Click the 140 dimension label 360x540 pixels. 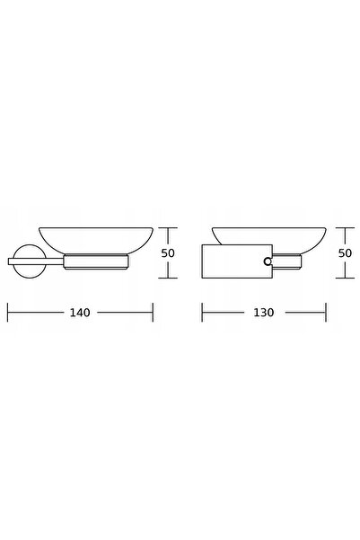[80, 313]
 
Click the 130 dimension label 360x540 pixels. [264, 313]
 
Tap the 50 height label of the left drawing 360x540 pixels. [168, 253]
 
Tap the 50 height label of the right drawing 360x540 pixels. [346, 253]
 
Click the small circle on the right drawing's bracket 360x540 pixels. [268, 261]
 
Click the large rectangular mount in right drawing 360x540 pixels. [237, 261]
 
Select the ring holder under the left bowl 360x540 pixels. [96, 261]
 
